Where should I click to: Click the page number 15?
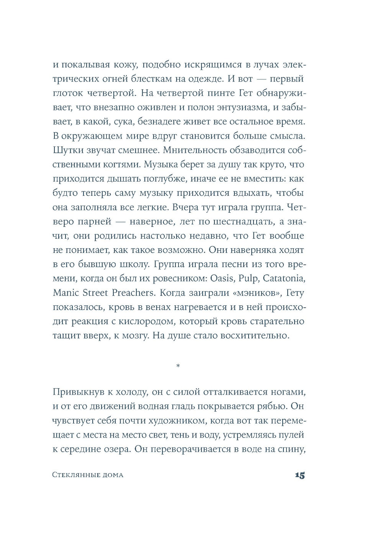pyautogui.click(x=300, y=475)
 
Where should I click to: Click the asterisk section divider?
pyautogui.click(x=178, y=367)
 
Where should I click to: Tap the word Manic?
pyautogui.click(x=65, y=293)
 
